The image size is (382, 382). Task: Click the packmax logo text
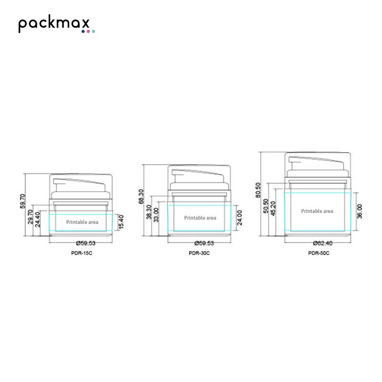(54, 23)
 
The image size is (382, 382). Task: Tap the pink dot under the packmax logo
(88, 31)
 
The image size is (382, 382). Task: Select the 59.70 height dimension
(22, 201)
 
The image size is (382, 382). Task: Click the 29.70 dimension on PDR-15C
(30, 217)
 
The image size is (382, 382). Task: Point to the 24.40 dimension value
(38, 219)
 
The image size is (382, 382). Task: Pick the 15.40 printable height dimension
(121, 222)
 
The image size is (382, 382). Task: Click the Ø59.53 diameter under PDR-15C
(86, 243)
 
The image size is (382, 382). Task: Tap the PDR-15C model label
(82, 253)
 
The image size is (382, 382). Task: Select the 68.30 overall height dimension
(141, 196)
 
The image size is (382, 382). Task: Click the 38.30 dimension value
(149, 212)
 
